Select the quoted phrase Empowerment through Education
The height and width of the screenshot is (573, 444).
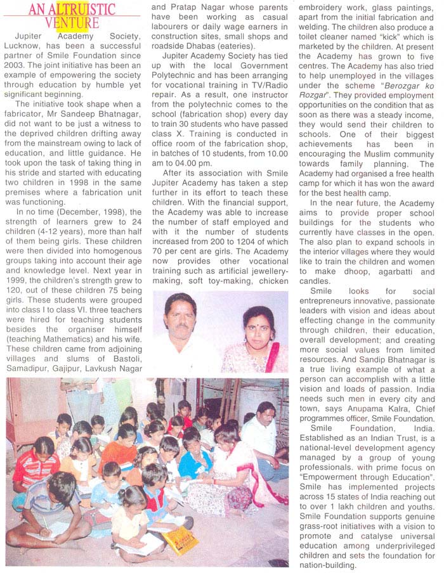point(367,442)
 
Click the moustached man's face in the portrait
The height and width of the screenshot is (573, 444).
point(180,315)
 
